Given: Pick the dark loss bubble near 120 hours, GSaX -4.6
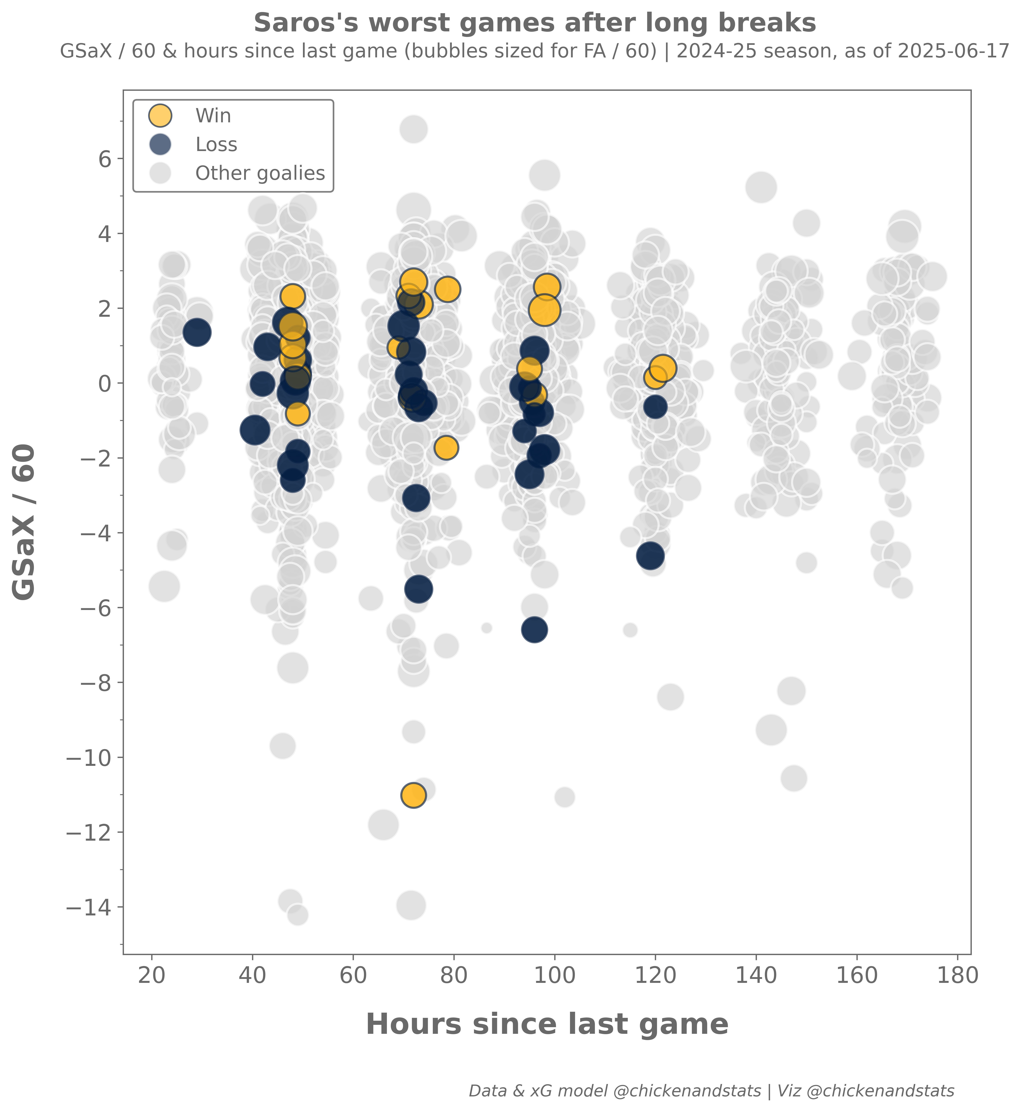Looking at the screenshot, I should pos(650,556).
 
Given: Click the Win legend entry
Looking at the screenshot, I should pos(213,116).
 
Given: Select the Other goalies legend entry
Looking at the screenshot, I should pos(260,173).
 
